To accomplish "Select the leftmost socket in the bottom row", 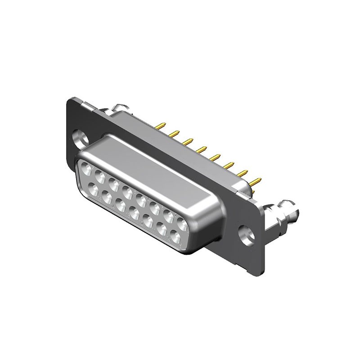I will tap(94, 189).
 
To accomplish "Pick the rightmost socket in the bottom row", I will tap(175, 234).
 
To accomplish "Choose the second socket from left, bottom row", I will tap(107, 196).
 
